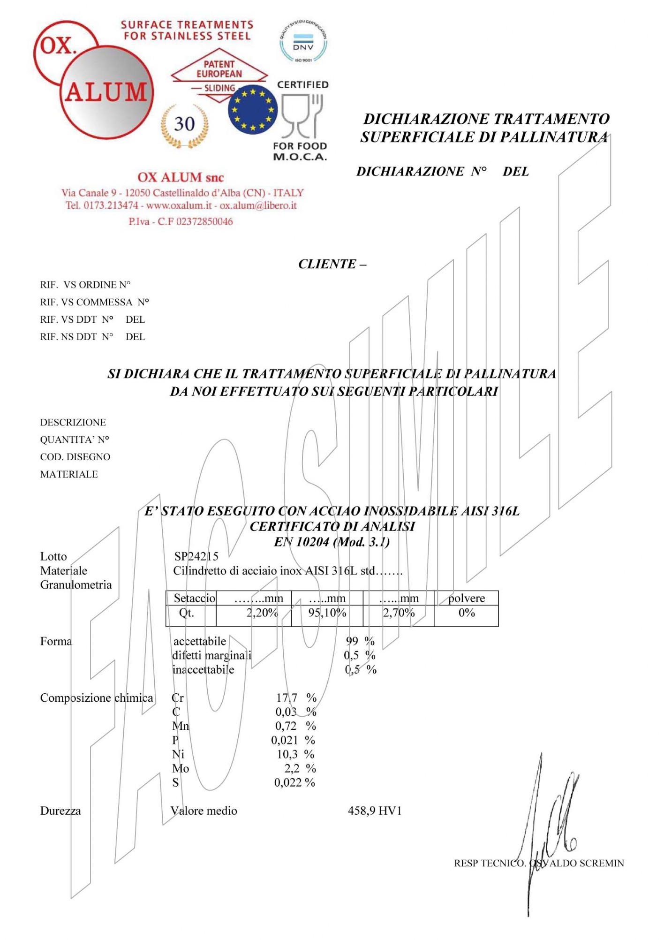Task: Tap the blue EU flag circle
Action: pyautogui.click(x=253, y=110)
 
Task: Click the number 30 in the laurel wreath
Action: pyautogui.click(x=184, y=124)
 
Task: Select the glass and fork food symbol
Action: pyautogui.click(x=302, y=115)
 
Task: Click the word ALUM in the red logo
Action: pyautogui.click(x=106, y=92)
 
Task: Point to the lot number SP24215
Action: pyautogui.click(x=196, y=556)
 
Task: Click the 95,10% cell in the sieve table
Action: pyautogui.click(x=327, y=613)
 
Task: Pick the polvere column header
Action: pyautogui.click(x=466, y=598)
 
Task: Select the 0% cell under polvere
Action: pyautogui.click(x=467, y=613)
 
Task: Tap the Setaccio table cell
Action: pyautogui.click(x=194, y=598)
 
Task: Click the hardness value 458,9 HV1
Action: pyautogui.click(x=375, y=811)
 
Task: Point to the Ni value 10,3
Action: pyautogui.click(x=287, y=754)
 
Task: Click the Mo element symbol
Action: pyautogui.click(x=181, y=768)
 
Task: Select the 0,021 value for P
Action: pyautogui.click(x=285, y=740)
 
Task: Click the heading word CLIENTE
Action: pyautogui.click(x=327, y=264)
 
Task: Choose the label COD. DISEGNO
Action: pyautogui.click(x=75, y=457)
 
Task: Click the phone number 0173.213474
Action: pyautogui.click(x=111, y=205)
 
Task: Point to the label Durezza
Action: pyautogui.click(x=60, y=811)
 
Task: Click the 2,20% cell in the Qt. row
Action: pyautogui.click(x=262, y=613)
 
